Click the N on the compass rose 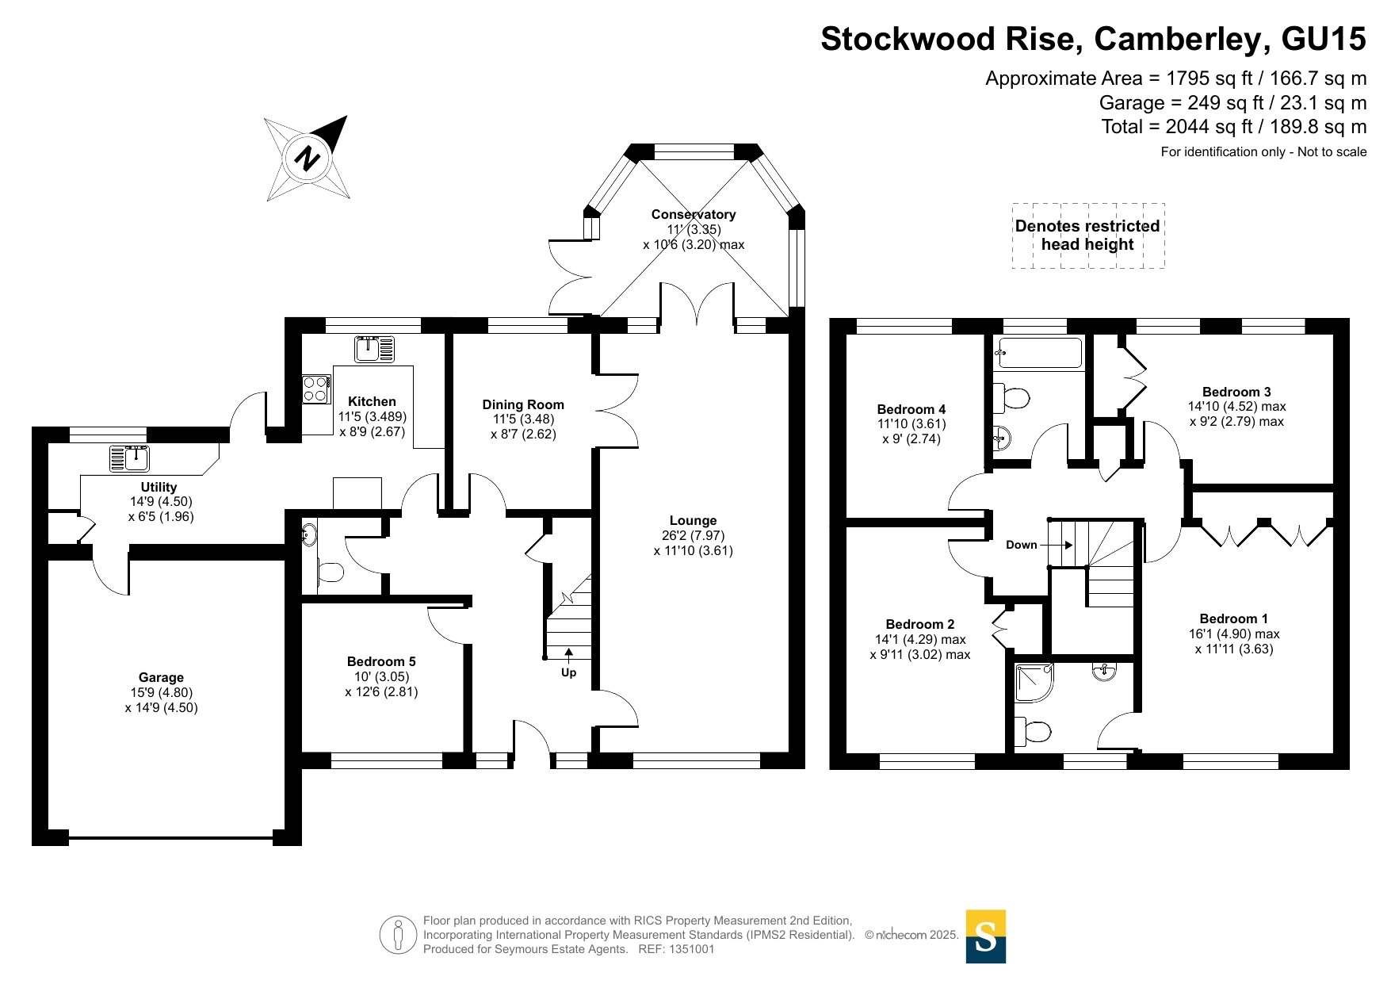click(x=307, y=158)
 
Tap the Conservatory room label click(x=694, y=214)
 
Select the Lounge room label click(x=694, y=520)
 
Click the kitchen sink click(x=374, y=349)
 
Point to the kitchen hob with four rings click(x=316, y=389)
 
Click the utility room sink click(x=129, y=458)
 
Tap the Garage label click(x=161, y=677)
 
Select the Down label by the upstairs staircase click(x=1021, y=545)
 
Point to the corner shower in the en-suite click(x=1034, y=683)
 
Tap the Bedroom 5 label click(x=381, y=661)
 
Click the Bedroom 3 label click(x=1236, y=392)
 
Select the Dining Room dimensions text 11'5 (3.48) click(x=523, y=419)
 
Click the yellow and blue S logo click(x=986, y=936)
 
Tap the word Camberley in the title click(x=1173, y=39)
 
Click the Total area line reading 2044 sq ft click(x=1234, y=127)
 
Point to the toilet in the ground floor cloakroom click(x=331, y=571)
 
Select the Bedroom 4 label click(x=911, y=409)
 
